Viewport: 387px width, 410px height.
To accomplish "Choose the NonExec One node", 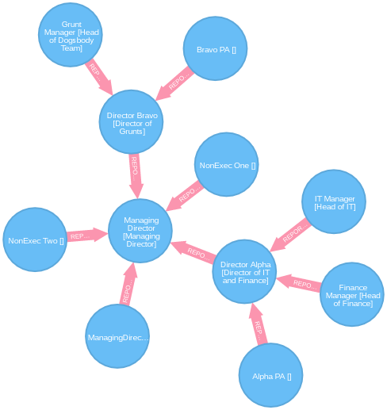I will pos(228,165).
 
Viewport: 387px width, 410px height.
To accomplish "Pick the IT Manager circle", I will pos(335,202).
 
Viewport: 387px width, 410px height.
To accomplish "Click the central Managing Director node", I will pos(141,232).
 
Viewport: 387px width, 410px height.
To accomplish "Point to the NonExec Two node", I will pos(36,239).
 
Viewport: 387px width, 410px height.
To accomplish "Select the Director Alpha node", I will pos(246,271).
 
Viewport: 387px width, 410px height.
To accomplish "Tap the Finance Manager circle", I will pos(352,294).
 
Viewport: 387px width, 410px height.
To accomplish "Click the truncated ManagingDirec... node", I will pos(117,337).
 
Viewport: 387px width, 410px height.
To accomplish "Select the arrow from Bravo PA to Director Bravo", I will pos(175,82).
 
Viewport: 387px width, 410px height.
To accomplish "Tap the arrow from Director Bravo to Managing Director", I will pos(136,171).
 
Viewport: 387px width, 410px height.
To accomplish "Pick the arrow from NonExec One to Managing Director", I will pos(187,194).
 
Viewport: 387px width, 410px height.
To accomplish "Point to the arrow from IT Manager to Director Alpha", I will pos(291,232).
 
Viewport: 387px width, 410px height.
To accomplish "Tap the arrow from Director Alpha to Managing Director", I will pos(193,252).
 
